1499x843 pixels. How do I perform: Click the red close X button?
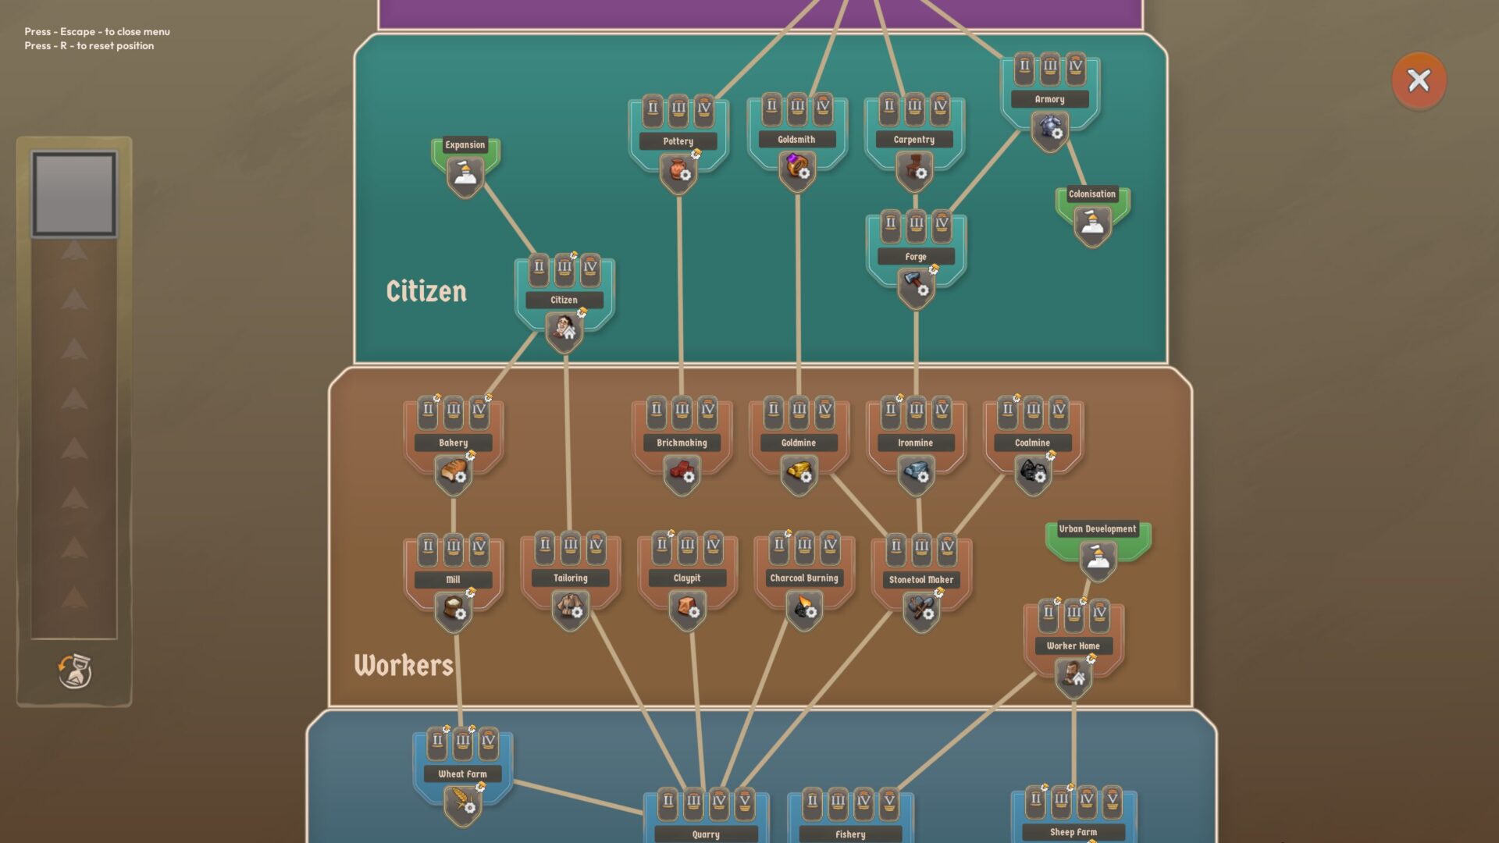(1419, 80)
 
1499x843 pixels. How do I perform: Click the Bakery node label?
(453, 443)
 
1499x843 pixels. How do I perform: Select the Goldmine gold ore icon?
(799, 472)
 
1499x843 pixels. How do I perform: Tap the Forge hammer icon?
(915, 285)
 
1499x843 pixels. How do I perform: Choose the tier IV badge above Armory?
(1076, 67)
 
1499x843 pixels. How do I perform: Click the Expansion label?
(465, 144)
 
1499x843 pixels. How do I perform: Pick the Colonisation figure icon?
(1092, 224)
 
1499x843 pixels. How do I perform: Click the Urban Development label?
(1097, 528)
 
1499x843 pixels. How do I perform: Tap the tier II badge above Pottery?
(653, 108)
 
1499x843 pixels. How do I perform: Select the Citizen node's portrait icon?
(564, 329)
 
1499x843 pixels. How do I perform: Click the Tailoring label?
(570, 578)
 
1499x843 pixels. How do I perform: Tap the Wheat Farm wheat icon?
(462, 802)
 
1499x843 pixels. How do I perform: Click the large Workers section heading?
(403, 665)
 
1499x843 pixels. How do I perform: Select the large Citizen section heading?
(426, 291)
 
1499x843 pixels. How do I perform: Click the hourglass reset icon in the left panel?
(75, 671)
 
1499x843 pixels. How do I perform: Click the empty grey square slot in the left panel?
(74, 194)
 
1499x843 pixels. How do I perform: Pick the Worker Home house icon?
(1074, 675)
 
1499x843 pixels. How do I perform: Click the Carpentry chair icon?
(914, 169)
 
